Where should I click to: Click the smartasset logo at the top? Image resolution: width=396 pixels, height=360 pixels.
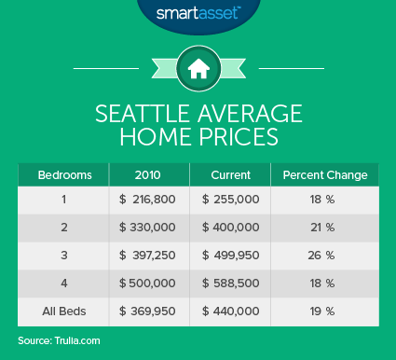pos(198,16)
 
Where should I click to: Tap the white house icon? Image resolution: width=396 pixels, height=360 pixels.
pos(198,68)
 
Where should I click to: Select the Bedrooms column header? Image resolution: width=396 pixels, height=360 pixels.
pos(62,174)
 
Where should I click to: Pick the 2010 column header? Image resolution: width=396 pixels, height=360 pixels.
pos(149,174)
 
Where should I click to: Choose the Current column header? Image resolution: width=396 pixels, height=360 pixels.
pos(229,174)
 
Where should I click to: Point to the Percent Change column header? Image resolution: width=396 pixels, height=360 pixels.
pos(325,174)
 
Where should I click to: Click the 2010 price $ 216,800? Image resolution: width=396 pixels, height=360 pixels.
pos(149,200)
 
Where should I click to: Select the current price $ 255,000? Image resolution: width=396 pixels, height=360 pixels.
pos(229,200)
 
